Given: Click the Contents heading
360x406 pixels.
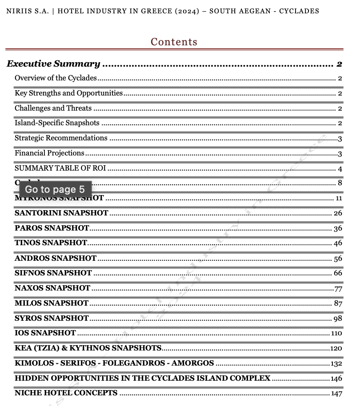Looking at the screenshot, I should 174,42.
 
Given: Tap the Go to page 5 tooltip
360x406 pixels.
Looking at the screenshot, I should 55,189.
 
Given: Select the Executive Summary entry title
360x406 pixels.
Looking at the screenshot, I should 53,64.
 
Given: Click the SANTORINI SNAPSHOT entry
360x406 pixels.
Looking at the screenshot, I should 61,213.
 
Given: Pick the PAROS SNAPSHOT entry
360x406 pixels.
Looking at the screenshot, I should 52,228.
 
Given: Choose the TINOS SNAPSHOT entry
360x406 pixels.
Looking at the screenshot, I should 51,243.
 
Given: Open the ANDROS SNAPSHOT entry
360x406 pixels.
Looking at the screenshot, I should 56,258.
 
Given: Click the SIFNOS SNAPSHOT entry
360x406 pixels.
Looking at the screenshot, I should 53,273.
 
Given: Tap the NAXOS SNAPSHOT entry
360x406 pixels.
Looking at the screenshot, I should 52,288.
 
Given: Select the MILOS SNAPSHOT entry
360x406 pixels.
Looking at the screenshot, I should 52,303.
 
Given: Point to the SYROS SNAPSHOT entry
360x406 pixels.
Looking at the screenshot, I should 52,318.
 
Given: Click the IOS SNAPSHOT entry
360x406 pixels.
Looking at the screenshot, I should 45,333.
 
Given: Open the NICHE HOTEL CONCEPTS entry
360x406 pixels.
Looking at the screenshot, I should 66,393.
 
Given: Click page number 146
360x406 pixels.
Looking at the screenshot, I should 336,379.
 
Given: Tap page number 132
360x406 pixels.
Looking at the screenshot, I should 336,364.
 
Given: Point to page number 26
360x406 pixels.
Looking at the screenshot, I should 338,213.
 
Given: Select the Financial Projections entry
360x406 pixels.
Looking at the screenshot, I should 49,153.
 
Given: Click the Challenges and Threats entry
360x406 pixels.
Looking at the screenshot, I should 53,108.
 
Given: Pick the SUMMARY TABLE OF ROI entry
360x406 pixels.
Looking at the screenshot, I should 60,168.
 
